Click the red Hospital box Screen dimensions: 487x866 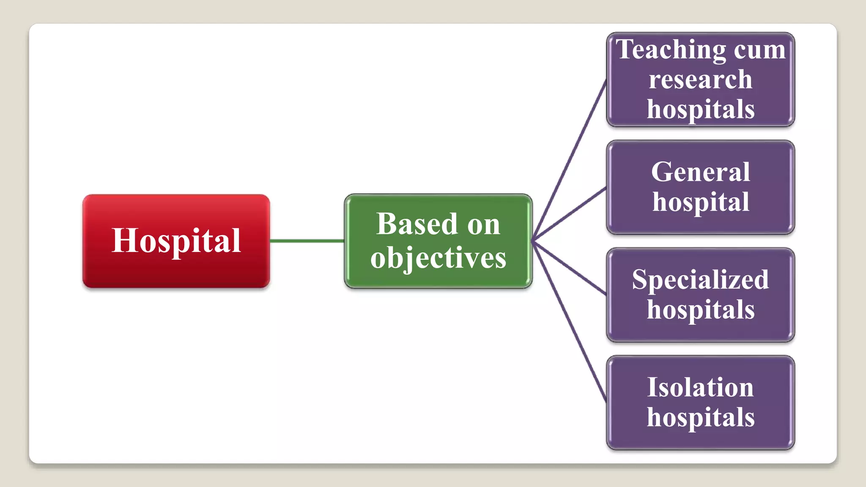coord(176,241)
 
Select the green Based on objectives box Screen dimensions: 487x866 coord(438,241)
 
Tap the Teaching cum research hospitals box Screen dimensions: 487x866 coord(700,79)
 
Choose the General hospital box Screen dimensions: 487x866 coord(700,187)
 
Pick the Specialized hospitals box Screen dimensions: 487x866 coord(700,295)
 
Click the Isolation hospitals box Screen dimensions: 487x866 coord(700,402)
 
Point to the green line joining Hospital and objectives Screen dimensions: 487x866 coord(307,241)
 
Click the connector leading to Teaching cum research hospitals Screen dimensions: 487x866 coord(569,161)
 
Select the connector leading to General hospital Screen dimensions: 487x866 coord(569,214)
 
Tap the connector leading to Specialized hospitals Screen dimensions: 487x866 coord(569,268)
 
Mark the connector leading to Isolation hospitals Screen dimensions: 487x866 coord(569,321)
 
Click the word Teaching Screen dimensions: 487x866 coord(670,50)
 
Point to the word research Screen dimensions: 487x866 coord(700,79)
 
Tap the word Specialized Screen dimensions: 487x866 coord(700,279)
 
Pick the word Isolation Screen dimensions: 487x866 coord(700,387)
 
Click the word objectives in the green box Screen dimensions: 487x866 coord(438,258)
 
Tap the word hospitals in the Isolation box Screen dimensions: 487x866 coord(700,418)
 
